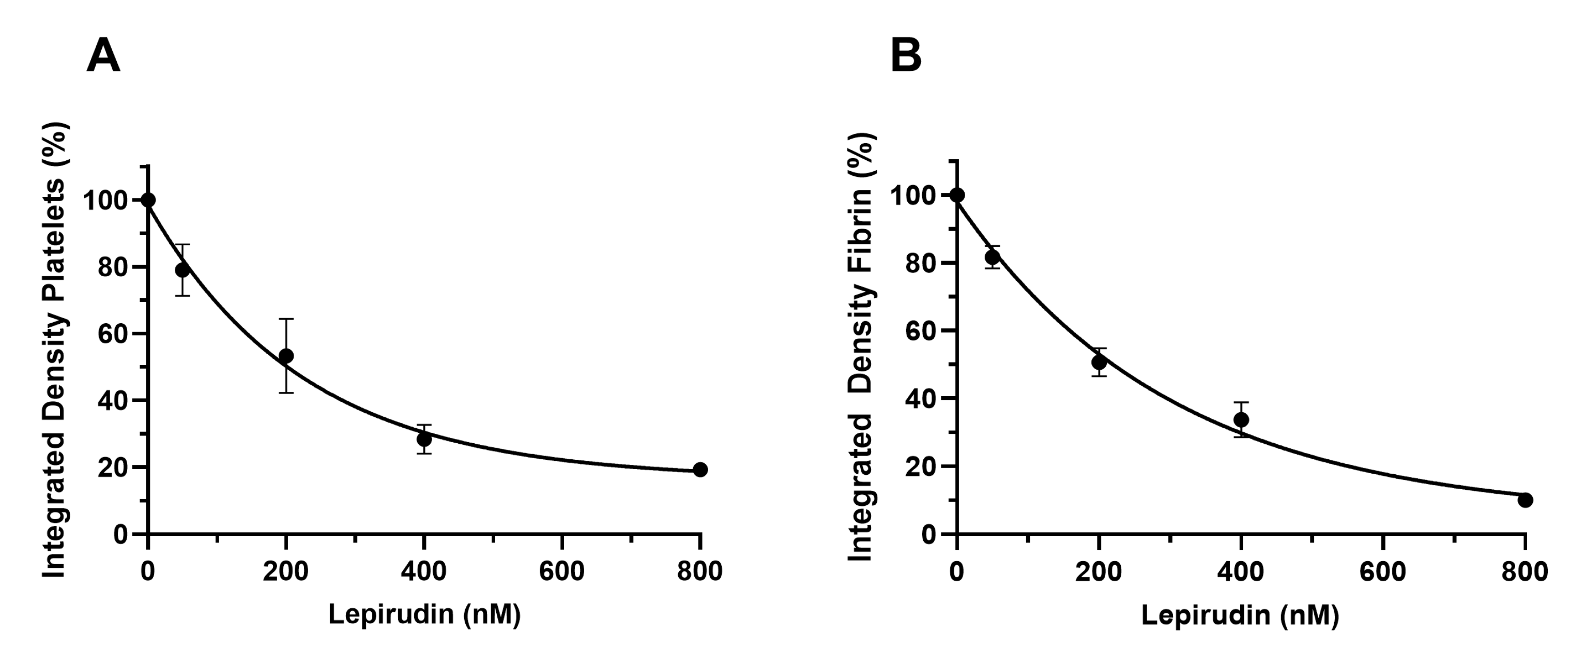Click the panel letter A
pyautogui.click(x=103, y=56)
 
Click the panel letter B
pyautogui.click(x=906, y=56)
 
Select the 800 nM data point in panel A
pyautogui.click(x=699, y=470)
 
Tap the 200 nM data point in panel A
pyautogui.click(x=286, y=356)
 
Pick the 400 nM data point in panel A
pyautogui.click(x=424, y=439)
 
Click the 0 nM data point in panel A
pyautogui.click(x=148, y=200)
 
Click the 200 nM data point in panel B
pyautogui.click(x=1099, y=362)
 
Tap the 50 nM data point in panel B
pyautogui.click(x=992, y=257)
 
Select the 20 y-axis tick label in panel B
pyautogui.click(x=921, y=466)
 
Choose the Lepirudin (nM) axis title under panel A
pyautogui.click(x=424, y=614)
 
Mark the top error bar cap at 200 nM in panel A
pyautogui.click(x=286, y=319)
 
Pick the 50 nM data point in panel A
pyautogui.click(x=182, y=269)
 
